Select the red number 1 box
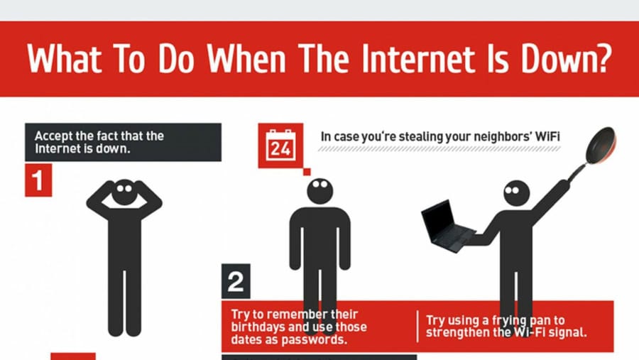(38, 180)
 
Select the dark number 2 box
(236, 281)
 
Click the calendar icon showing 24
(280, 146)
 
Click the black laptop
(447, 226)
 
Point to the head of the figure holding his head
(124, 192)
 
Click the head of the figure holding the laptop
(517, 193)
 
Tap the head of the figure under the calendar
(320, 190)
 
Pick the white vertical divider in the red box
(417, 327)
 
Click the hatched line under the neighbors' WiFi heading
(439, 149)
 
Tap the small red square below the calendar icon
(307, 172)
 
